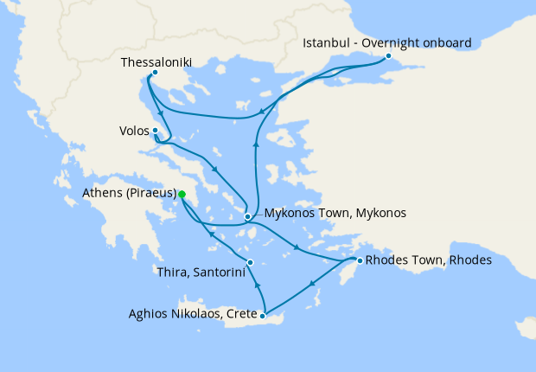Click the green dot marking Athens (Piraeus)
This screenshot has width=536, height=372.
click(182, 195)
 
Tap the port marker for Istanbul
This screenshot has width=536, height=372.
click(388, 56)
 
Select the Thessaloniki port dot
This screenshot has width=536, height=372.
click(154, 73)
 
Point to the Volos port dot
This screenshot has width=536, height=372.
click(155, 131)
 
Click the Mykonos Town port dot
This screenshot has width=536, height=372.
click(247, 216)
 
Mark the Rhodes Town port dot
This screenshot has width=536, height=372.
click(359, 260)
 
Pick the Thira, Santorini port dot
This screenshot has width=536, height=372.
click(250, 262)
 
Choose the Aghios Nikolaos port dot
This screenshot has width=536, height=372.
click(263, 316)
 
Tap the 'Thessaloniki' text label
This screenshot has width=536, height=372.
click(156, 62)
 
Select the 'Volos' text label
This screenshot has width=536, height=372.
click(134, 131)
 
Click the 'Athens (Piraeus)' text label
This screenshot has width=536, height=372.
click(130, 192)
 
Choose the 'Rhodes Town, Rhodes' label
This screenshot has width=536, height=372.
click(428, 260)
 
